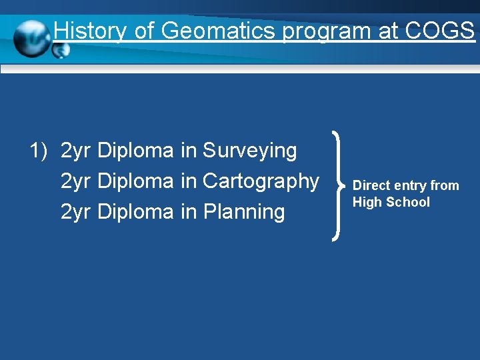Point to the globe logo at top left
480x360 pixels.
33,39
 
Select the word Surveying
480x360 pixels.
249,151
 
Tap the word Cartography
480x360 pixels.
261,181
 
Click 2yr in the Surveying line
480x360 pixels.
76,151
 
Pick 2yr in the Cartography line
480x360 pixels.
76,181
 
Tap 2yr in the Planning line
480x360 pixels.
76,212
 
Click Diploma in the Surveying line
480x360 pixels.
135,151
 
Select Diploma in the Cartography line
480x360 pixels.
135,181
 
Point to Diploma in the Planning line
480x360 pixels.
135,212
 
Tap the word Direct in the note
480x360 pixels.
370,185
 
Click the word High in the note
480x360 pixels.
365,202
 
